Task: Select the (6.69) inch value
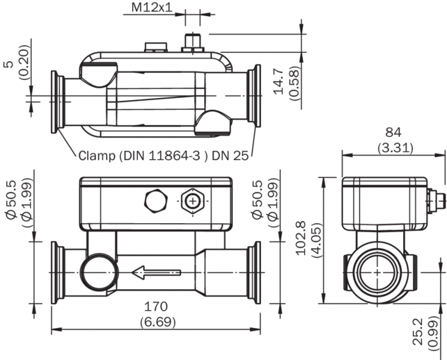pos(157,322)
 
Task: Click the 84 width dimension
pos(393,132)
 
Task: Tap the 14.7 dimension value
pos(277,82)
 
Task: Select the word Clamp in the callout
pos(97,157)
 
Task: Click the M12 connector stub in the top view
pos(192,41)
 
